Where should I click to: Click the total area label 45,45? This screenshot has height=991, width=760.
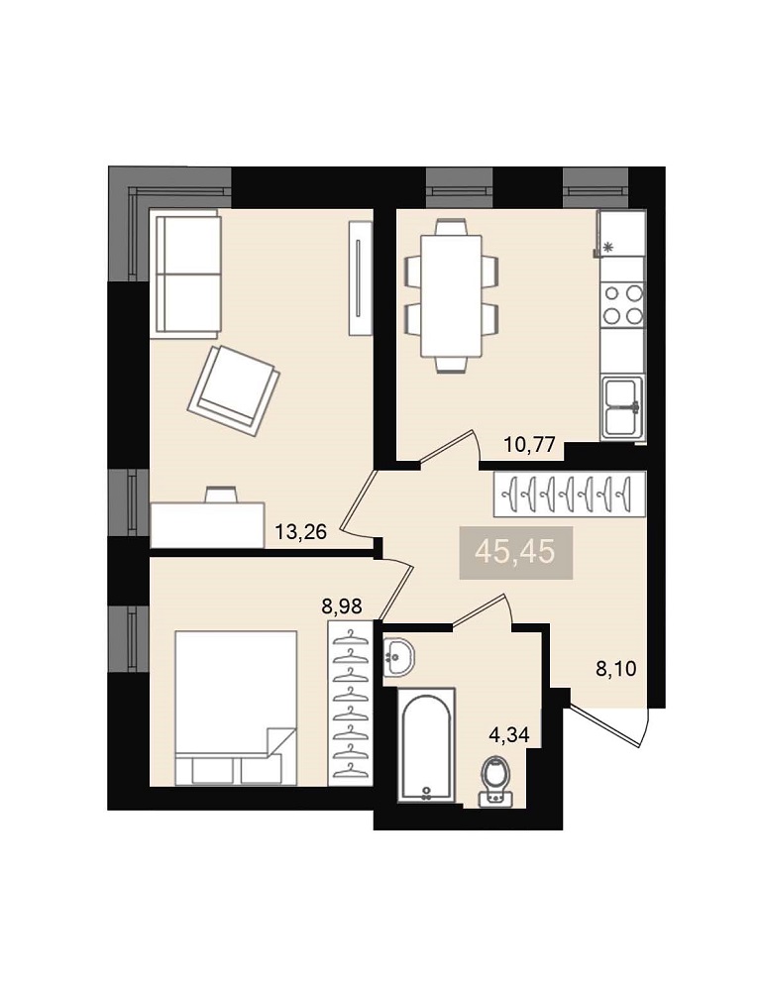pos(515,552)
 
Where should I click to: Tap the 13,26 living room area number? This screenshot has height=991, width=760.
pos(300,532)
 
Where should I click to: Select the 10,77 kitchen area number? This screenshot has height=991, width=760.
pos(529,445)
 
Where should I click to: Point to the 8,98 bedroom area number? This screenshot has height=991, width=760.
pos(342,606)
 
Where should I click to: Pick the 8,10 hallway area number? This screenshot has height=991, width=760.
pos(616,668)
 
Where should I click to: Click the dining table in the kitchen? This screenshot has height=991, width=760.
pos(451,295)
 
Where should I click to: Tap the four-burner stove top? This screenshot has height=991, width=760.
pos(623,304)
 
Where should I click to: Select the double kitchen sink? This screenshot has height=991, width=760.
pos(623,407)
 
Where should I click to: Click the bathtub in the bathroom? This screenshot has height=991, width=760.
pos(426,745)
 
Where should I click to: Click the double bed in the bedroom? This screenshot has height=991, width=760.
pos(236,708)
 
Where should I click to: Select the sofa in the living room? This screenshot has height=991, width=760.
pos(185,273)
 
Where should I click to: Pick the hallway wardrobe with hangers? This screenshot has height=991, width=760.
pos(570,493)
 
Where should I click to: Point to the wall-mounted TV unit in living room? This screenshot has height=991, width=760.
pos(360,278)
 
